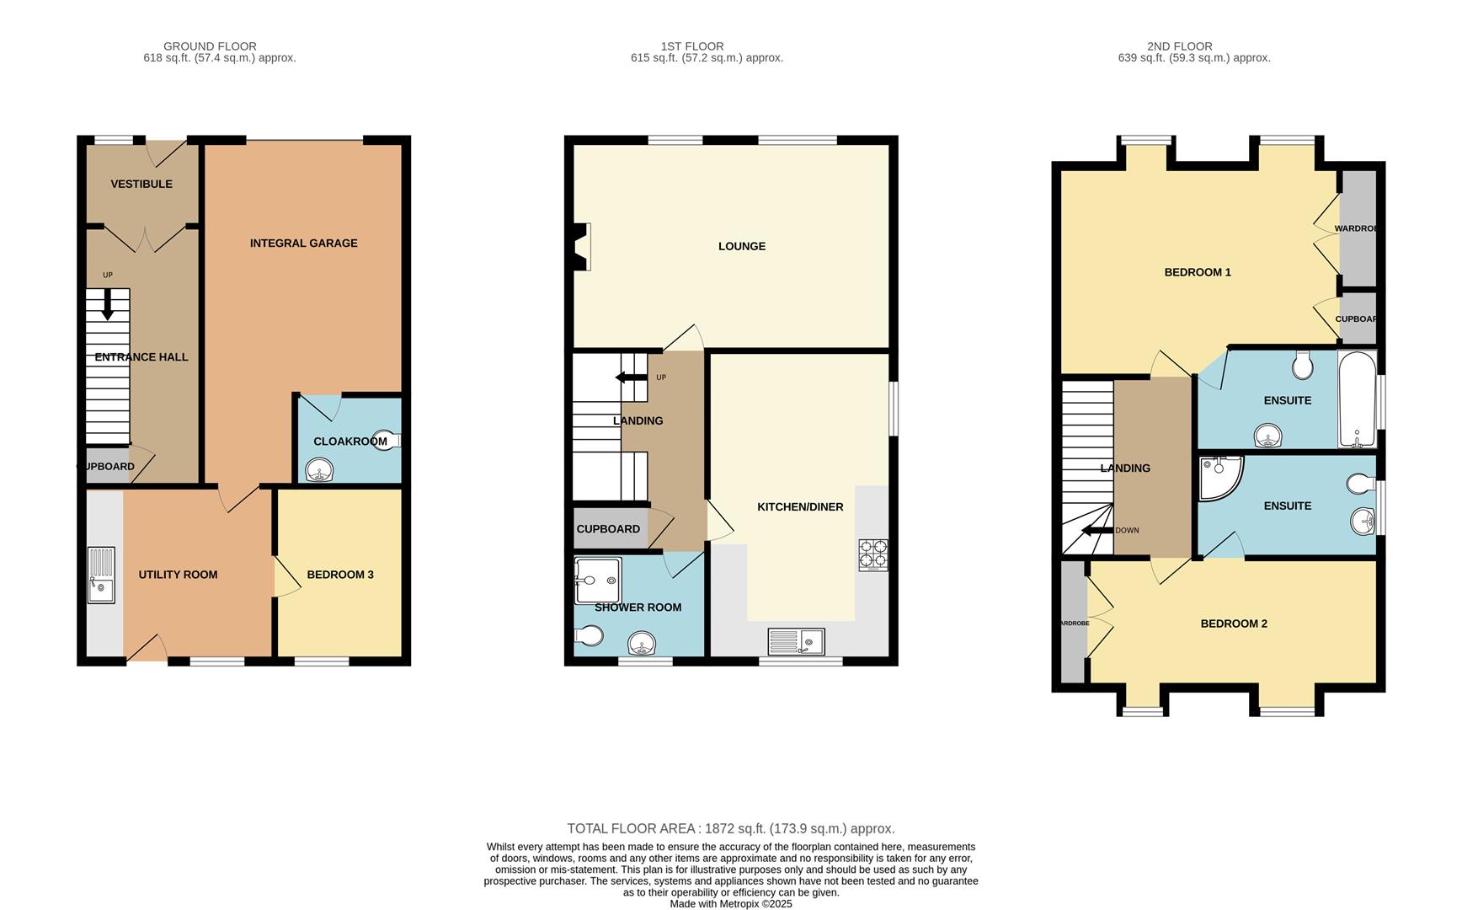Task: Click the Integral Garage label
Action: click(x=303, y=244)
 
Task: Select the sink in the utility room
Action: click(x=101, y=575)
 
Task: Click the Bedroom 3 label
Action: click(x=339, y=575)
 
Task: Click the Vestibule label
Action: click(x=141, y=184)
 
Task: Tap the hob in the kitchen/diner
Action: click(x=872, y=555)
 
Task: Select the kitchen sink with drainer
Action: click(x=796, y=642)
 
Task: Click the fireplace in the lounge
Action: click(x=581, y=246)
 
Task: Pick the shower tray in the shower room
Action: click(x=597, y=580)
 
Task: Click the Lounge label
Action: click(x=741, y=247)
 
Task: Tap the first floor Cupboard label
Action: click(x=607, y=529)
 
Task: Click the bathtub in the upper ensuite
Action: click(x=1357, y=399)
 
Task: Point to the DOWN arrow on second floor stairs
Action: click(x=1096, y=531)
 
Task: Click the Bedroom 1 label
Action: click(x=1197, y=272)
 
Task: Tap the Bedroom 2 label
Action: click(x=1233, y=624)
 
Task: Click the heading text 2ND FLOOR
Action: click(x=1179, y=46)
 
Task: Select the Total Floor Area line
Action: click(x=730, y=829)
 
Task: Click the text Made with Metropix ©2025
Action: click(x=730, y=903)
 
